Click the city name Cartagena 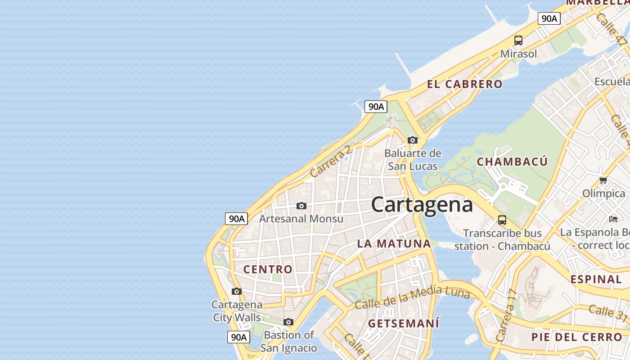[x=422, y=205]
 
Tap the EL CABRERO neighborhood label [x=464, y=84]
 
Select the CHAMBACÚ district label [x=512, y=162]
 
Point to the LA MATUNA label [x=394, y=244]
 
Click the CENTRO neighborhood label [x=268, y=270]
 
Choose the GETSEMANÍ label [x=403, y=324]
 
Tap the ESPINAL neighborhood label [x=596, y=279]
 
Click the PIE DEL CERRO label [x=576, y=337]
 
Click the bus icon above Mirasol [x=518, y=40]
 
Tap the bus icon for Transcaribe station [x=502, y=220]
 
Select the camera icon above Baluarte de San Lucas [x=412, y=140]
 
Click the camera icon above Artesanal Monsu [x=301, y=206]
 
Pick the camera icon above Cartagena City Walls [x=237, y=291]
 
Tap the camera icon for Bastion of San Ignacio [x=288, y=322]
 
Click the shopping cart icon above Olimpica [x=603, y=180]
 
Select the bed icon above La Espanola [x=613, y=219]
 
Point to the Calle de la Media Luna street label [x=412, y=298]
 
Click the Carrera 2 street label [x=330, y=161]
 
